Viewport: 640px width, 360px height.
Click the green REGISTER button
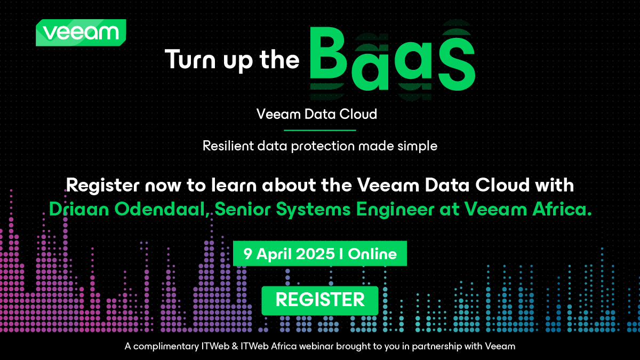[x=320, y=300]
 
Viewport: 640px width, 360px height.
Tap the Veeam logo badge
[x=81, y=33]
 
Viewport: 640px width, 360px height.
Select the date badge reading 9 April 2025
[x=320, y=253]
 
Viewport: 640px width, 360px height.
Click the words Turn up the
[x=232, y=59]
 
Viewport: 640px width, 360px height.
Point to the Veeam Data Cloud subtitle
[x=317, y=114]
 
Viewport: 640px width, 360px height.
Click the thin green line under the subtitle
[x=319, y=130]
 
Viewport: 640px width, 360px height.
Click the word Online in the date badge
[x=373, y=253]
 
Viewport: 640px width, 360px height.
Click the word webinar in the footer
[x=316, y=347]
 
